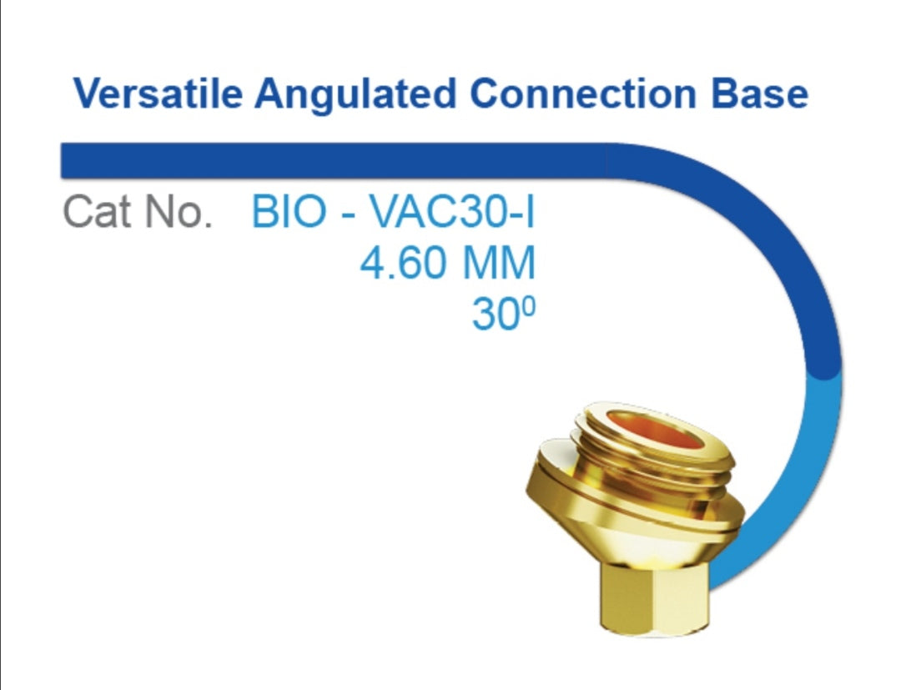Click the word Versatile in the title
[x=158, y=93]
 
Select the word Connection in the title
[x=583, y=93]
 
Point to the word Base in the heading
[x=760, y=93]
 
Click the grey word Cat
[x=97, y=211]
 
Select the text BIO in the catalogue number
[x=289, y=211]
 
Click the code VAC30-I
[x=451, y=211]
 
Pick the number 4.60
[x=403, y=263]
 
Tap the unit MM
[x=499, y=263]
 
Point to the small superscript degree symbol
[x=530, y=306]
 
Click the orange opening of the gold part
[x=655, y=431]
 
